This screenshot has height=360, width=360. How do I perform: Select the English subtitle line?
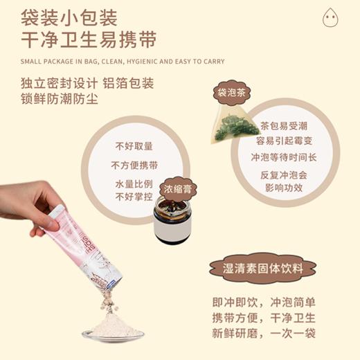[123, 61]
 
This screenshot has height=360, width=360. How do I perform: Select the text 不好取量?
[134, 147]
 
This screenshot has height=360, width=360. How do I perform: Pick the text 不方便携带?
[134, 166]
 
